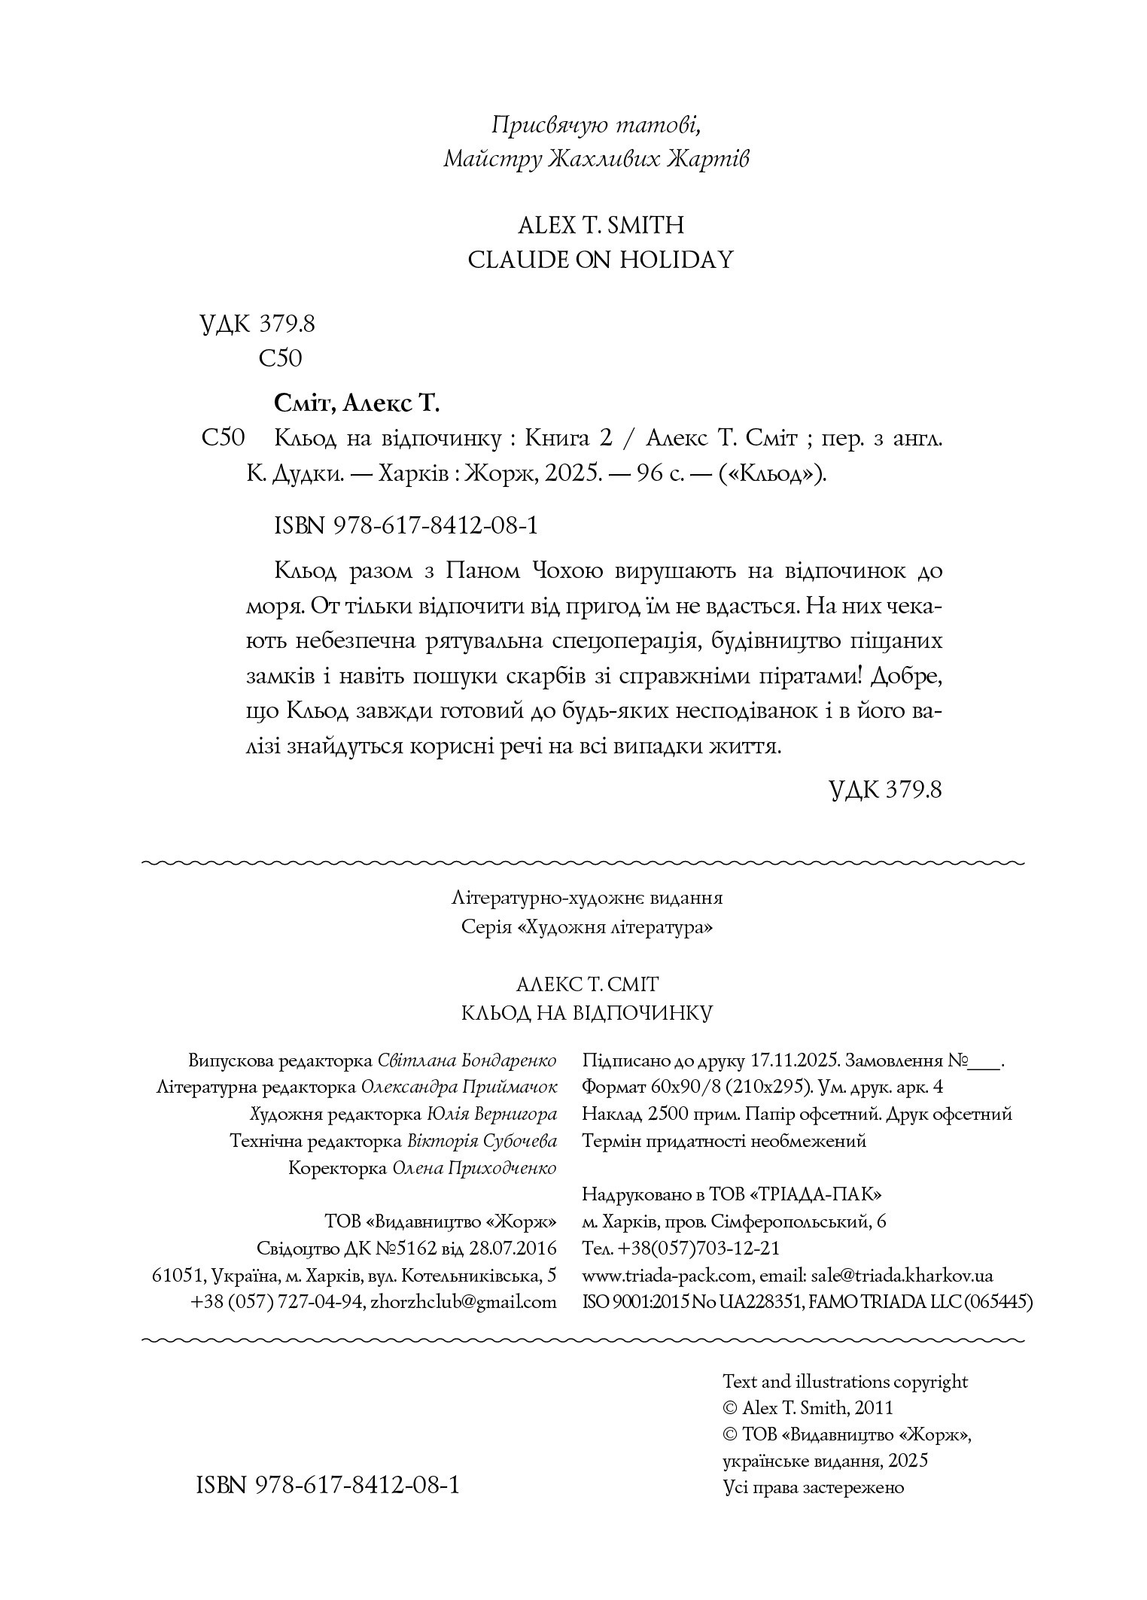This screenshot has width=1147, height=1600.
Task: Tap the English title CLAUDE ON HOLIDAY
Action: (600, 260)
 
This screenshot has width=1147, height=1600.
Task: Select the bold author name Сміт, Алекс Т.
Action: (356, 403)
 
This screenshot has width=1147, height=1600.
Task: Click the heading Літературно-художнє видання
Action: (588, 898)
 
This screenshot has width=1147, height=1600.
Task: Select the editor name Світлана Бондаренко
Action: (467, 1060)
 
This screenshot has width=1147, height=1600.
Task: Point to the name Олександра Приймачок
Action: (459, 1087)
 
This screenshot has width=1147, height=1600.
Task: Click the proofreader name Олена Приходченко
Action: (474, 1168)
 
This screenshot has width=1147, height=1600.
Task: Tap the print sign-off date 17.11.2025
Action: (795, 1060)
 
